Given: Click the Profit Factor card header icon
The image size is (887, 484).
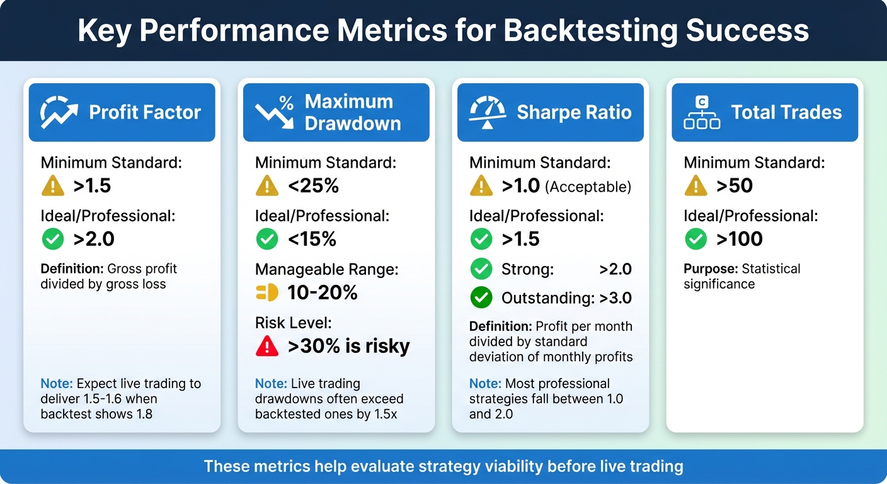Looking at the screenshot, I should coord(59,112).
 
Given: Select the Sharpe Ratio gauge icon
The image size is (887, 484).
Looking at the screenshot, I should coord(488,112).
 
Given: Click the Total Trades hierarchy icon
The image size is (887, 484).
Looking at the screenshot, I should coord(702,112).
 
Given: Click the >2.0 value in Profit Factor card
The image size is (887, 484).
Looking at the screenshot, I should coord(94,239).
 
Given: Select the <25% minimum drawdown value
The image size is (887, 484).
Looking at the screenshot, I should coord(313,186).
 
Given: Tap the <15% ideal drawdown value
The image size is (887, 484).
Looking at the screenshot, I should coord(312,239).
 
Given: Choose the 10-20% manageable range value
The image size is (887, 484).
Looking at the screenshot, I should coord(323,292).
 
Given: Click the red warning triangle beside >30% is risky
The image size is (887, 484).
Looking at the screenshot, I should coord(267,346).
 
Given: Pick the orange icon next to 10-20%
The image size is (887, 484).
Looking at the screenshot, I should coord(267,292).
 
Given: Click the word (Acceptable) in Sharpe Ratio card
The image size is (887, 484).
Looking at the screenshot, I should coord(588,187).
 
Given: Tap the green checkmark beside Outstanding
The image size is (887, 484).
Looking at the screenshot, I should coord(481,297).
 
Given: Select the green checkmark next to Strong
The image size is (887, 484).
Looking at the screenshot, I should coord(481,270).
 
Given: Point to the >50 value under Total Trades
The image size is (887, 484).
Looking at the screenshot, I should coord(735,186).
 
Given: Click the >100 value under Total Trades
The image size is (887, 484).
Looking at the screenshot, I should coord(740,239).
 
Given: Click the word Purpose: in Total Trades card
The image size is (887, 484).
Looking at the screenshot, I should coord(711,269).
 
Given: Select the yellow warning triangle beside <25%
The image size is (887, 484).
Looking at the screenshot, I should coord(267,186).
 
